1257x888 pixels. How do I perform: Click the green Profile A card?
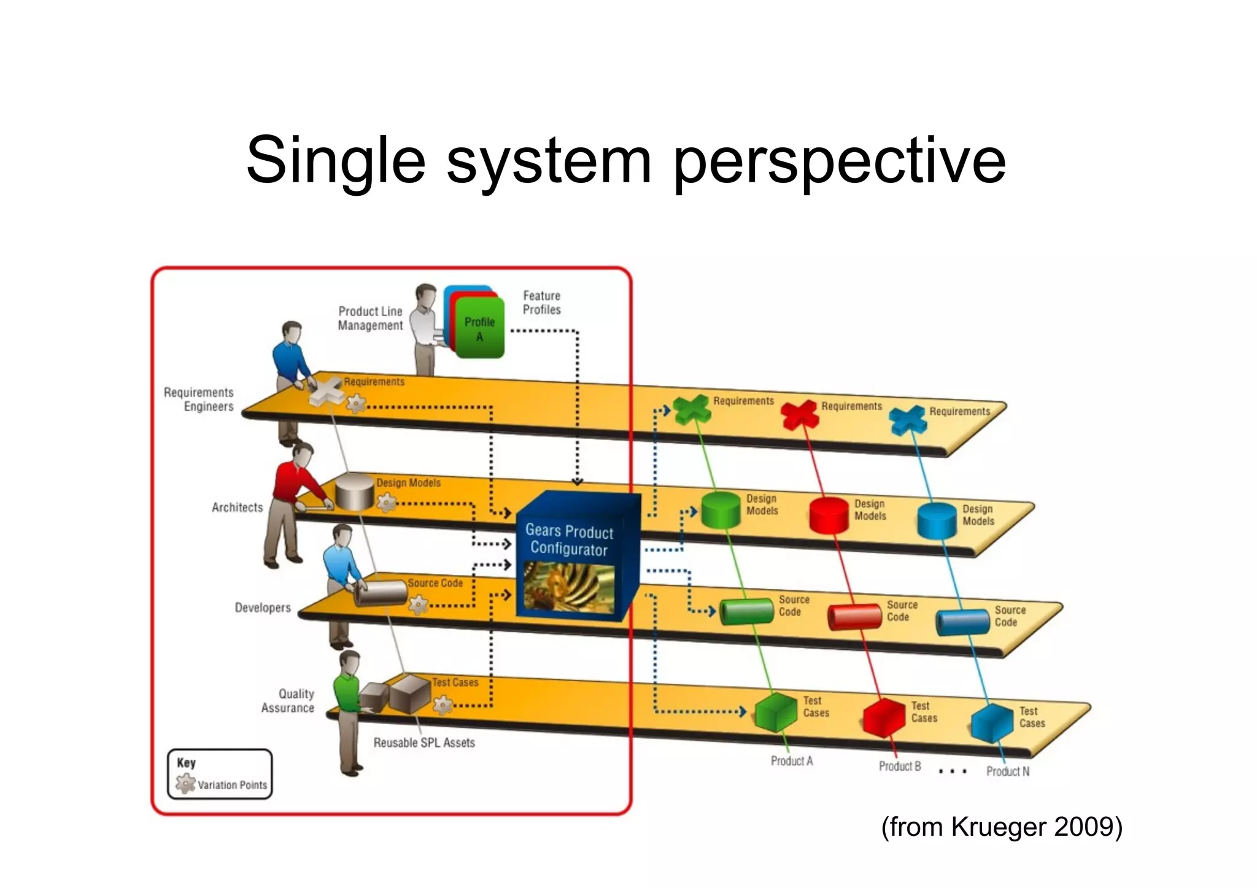(479, 329)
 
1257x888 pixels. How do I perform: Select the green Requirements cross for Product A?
(692, 409)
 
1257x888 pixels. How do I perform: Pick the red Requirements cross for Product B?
(800, 415)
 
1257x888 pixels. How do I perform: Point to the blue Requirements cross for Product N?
(908, 420)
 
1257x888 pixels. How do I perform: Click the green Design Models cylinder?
(721, 510)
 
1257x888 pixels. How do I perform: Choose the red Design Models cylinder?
(829, 515)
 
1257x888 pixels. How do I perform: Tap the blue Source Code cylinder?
(962, 622)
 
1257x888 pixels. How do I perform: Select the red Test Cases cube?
(884, 717)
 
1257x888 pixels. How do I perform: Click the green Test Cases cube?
(776, 712)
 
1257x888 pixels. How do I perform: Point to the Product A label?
(792, 761)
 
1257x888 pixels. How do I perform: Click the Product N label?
(1008, 771)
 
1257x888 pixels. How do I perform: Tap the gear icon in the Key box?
(185, 784)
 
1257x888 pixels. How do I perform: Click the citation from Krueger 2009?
(1002, 827)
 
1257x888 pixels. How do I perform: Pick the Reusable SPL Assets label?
(424, 743)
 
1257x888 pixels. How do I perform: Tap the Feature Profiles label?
(541, 303)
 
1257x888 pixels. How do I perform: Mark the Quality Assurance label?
(288, 701)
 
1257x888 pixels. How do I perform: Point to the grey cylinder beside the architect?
(355, 492)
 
